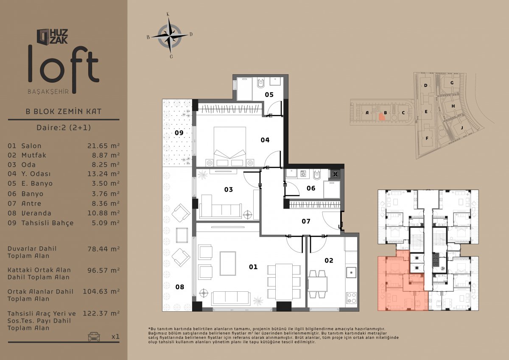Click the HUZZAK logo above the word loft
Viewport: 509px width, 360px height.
coord(52,36)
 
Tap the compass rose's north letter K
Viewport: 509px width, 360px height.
coord(168,14)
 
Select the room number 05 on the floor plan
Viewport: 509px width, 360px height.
coord(269,95)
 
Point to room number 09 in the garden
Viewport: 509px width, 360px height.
coord(179,133)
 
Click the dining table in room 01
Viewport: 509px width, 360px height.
coord(284,282)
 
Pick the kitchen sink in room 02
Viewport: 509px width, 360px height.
coord(351,273)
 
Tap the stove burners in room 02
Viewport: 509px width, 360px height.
coord(351,298)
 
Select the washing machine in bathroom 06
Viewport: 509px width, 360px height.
coord(303,174)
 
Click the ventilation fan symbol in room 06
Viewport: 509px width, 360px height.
coord(336,174)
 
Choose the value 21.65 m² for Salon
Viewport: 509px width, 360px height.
coord(103,145)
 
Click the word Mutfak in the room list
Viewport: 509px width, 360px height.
coord(34,155)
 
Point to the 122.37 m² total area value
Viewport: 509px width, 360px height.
coord(101,313)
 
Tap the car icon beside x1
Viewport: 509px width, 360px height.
coord(94,336)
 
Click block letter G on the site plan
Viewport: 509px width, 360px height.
coord(452,83)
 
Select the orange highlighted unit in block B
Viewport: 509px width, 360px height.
coord(382,117)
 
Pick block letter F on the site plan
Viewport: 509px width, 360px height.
coord(427,138)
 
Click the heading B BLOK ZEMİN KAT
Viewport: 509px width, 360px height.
coord(64,111)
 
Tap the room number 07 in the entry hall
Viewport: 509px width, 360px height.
coord(306,221)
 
